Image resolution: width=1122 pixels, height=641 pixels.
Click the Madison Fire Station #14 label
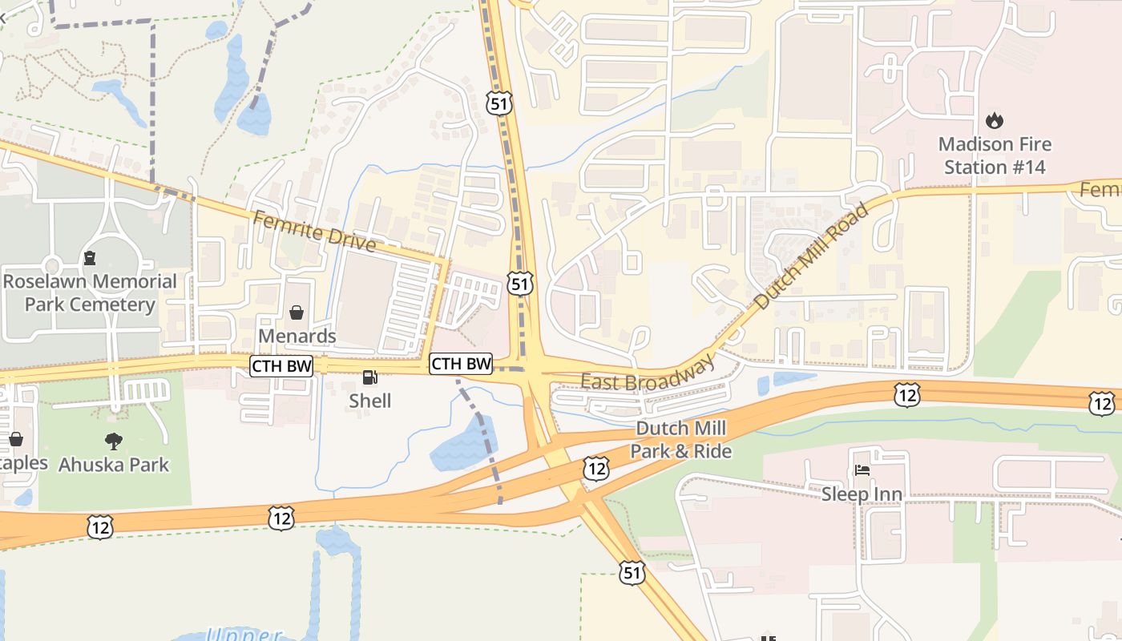pos(995,155)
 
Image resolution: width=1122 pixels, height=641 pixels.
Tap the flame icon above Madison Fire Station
pos(995,121)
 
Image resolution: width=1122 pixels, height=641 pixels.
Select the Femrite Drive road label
pos(314,230)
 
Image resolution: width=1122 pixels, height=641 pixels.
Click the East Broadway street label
pos(648,373)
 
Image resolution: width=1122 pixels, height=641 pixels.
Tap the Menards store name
pos(297,336)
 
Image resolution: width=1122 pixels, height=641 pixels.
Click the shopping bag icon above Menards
pos(297,312)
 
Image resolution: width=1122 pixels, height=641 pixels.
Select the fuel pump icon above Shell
pos(369,377)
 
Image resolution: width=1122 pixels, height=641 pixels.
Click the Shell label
pos(369,401)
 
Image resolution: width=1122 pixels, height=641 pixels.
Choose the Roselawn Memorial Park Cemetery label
pos(89,292)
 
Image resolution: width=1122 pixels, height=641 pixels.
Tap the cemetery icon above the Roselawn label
pos(89,258)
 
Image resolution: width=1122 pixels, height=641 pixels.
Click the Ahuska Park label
pos(114,464)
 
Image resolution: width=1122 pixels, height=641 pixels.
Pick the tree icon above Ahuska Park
pos(114,441)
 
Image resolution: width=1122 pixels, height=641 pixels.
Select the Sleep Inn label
pos(862,494)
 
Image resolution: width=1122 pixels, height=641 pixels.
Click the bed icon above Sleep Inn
pos(862,470)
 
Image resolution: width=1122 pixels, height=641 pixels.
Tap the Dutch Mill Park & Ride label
pos(680,440)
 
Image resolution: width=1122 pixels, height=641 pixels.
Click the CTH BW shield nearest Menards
pos(281,365)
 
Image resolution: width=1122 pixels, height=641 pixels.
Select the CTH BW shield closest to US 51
pos(461,363)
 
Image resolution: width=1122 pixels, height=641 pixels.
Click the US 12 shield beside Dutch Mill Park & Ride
pos(595,469)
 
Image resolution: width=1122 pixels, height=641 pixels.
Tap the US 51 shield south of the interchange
pos(632,572)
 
